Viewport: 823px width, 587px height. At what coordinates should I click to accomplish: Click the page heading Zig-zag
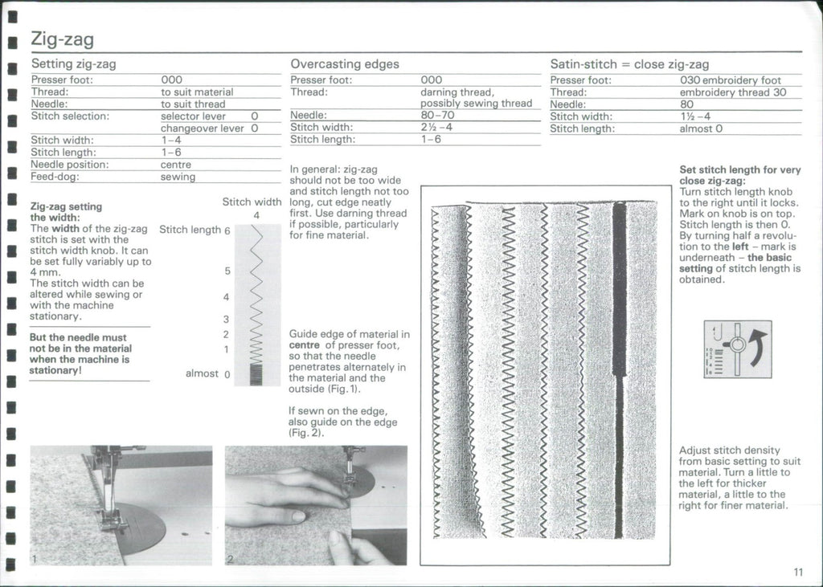pos(62,39)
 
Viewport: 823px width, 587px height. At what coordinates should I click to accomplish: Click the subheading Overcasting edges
pos(344,63)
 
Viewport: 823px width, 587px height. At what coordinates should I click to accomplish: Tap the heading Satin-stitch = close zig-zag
pos(629,63)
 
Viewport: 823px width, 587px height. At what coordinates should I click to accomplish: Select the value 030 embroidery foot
pos(730,80)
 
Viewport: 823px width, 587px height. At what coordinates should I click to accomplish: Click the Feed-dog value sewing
pos(178,177)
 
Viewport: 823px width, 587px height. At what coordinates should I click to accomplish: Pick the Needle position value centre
pos(175,165)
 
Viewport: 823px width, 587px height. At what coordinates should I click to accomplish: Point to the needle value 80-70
pos(437,115)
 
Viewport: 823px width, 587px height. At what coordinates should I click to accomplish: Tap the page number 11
pos(796,572)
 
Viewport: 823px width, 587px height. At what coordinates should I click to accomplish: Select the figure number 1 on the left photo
pos(35,557)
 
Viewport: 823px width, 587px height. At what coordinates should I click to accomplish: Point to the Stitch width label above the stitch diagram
pos(251,202)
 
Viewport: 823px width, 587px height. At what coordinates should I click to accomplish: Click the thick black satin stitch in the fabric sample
pos(619,289)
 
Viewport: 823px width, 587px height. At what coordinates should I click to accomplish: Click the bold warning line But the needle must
pos(78,338)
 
